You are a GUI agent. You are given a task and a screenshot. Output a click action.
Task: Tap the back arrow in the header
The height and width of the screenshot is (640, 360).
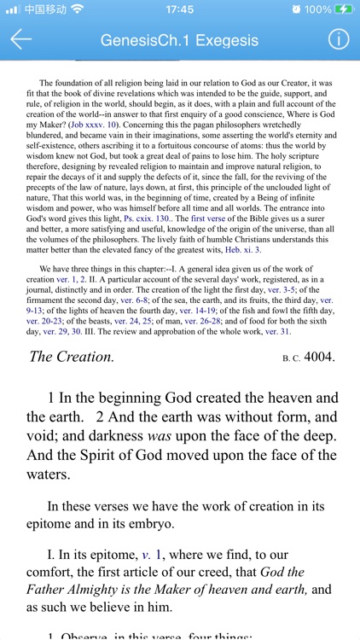pos(20,39)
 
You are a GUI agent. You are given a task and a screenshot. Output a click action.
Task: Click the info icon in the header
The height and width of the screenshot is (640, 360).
pos(339,39)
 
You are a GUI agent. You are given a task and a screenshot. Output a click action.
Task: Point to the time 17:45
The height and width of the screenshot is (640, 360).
pos(179,9)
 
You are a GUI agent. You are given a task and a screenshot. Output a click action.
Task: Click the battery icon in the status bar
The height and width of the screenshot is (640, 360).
pos(344,9)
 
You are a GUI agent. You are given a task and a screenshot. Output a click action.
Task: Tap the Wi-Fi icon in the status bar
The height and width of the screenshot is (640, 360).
pos(78,9)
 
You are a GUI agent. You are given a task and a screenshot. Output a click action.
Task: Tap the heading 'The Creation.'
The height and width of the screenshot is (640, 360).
pos(71,357)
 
